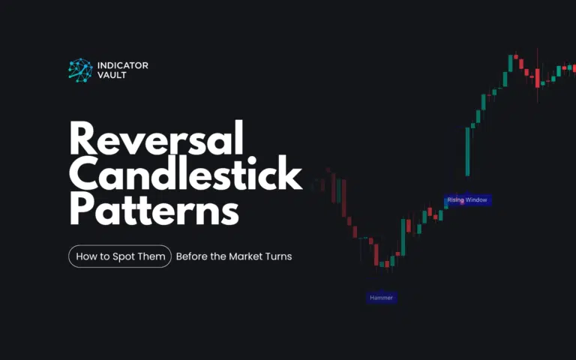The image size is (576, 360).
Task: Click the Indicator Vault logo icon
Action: (79, 70)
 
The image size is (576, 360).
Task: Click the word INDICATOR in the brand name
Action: (122, 65)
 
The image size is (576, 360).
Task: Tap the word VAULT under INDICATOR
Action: (112, 76)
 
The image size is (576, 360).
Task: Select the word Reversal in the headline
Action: (156, 140)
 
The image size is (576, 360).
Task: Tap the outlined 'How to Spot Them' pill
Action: (120, 256)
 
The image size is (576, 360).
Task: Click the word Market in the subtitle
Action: (242, 256)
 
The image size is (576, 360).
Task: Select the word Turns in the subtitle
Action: (277, 256)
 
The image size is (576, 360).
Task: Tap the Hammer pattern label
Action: (380, 298)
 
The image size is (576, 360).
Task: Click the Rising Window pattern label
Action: (467, 200)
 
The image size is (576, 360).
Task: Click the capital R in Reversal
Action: (82, 140)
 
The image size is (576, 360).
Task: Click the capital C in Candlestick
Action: (84, 175)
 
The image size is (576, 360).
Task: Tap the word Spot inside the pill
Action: (115, 256)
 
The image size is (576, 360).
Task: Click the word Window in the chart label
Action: (477, 200)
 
